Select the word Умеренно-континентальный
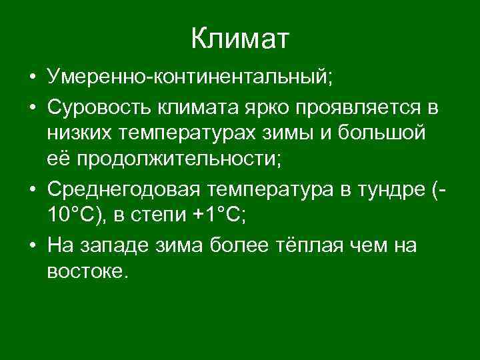[189, 77]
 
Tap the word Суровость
[101, 106]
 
